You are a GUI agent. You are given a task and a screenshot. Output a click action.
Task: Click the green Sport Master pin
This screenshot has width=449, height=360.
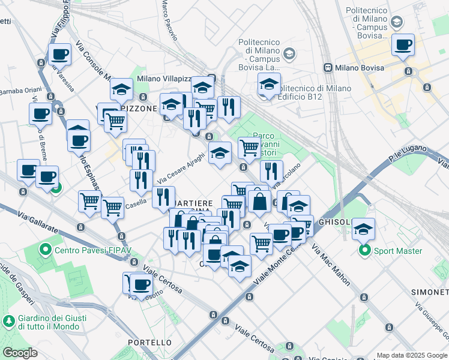tap(364, 251)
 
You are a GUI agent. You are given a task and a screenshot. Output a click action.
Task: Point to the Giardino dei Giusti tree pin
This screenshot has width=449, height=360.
tap(9, 322)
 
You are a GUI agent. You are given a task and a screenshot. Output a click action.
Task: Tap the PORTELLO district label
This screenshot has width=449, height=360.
tap(149, 342)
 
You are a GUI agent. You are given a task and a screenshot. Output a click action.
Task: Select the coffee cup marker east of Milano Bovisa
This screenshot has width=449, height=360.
tap(403, 45)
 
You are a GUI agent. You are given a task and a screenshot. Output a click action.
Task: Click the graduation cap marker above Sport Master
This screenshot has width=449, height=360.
tap(363, 229)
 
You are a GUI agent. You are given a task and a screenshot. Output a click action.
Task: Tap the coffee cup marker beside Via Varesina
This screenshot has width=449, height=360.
tap(59, 55)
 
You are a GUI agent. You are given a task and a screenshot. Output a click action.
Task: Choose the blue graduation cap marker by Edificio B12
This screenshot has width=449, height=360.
tap(269, 85)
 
